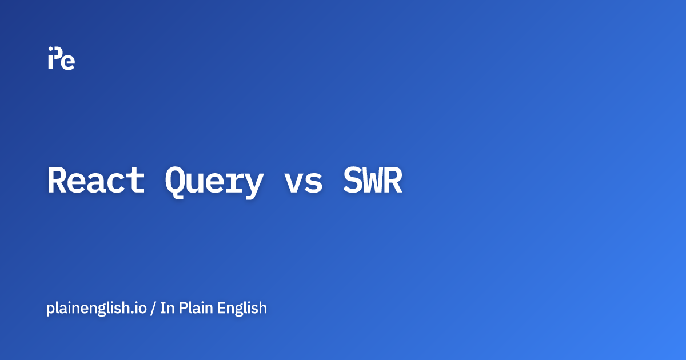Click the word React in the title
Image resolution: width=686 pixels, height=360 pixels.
click(x=95, y=181)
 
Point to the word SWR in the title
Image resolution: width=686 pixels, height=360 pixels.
click(x=373, y=181)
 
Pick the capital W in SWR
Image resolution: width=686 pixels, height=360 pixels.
click(x=373, y=181)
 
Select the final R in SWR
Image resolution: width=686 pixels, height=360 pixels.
click(x=393, y=181)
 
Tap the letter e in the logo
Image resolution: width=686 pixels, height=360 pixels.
click(x=68, y=62)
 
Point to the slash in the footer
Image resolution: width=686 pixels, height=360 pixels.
click(x=153, y=309)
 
